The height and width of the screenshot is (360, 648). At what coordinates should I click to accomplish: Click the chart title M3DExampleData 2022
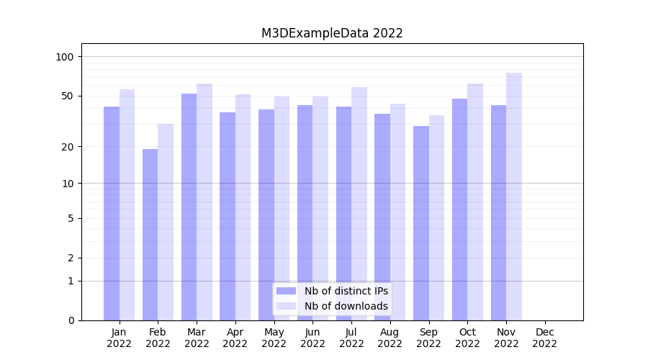332,33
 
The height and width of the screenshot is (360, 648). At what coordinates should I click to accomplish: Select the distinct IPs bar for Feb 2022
150,234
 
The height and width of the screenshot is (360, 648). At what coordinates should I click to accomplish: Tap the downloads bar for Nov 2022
514,196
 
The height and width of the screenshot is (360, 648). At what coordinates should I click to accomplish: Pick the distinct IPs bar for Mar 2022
189,207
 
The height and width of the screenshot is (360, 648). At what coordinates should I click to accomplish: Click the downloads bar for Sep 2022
436,217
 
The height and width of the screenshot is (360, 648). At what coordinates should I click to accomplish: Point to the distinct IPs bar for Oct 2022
459,209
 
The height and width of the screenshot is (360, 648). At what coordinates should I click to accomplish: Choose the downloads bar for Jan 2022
127,204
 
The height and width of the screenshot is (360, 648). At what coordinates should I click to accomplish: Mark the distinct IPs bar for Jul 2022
343,213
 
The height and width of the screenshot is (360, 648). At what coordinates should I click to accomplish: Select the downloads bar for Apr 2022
243,207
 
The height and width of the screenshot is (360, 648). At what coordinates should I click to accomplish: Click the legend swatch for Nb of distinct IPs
286,291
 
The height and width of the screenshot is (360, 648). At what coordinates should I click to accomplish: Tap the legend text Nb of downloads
346,306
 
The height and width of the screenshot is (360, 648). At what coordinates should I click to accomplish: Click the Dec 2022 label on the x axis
545,338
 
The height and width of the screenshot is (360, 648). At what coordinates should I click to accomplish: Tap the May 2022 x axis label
274,338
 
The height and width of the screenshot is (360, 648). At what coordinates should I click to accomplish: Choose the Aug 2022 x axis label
390,338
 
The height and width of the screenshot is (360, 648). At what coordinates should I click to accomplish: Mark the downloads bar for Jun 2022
320,208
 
